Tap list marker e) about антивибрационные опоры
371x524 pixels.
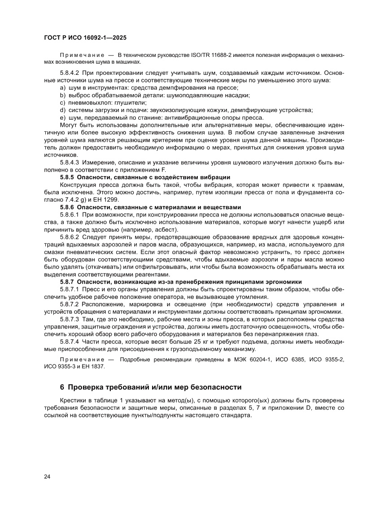(62, 117)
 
